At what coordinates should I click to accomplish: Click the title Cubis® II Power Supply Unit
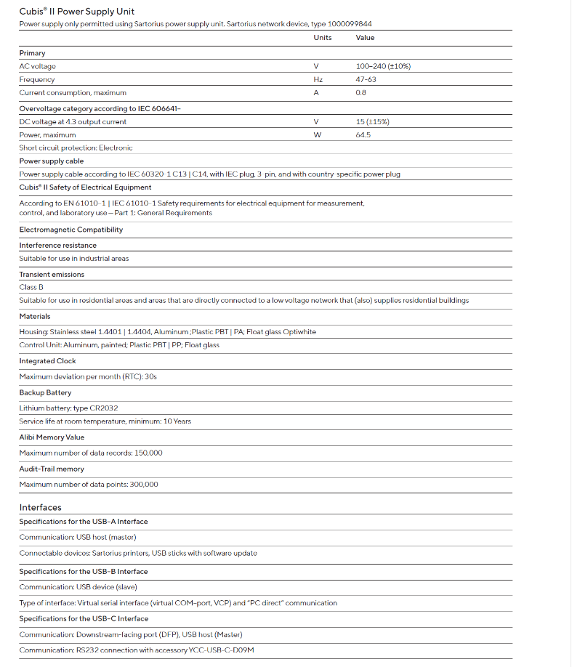(76, 12)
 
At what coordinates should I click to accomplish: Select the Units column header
(323, 38)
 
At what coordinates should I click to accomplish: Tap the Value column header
(365, 38)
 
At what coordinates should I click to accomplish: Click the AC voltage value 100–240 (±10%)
(383, 67)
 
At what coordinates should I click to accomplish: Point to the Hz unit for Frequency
(318, 80)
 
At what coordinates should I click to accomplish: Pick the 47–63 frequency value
(366, 80)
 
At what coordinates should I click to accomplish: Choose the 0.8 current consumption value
(360, 93)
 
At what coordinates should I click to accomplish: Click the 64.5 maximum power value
(363, 135)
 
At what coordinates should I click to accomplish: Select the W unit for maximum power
(317, 135)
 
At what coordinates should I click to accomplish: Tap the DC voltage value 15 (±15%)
(372, 122)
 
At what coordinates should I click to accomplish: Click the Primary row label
(32, 53)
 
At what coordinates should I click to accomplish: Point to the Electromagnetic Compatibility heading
(71, 230)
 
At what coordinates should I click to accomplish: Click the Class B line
(31, 288)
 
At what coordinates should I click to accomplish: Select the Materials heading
(35, 317)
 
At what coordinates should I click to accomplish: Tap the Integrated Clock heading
(47, 361)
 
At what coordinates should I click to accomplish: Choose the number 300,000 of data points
(143, 485)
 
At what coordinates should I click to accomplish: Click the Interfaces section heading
(40, 507)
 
